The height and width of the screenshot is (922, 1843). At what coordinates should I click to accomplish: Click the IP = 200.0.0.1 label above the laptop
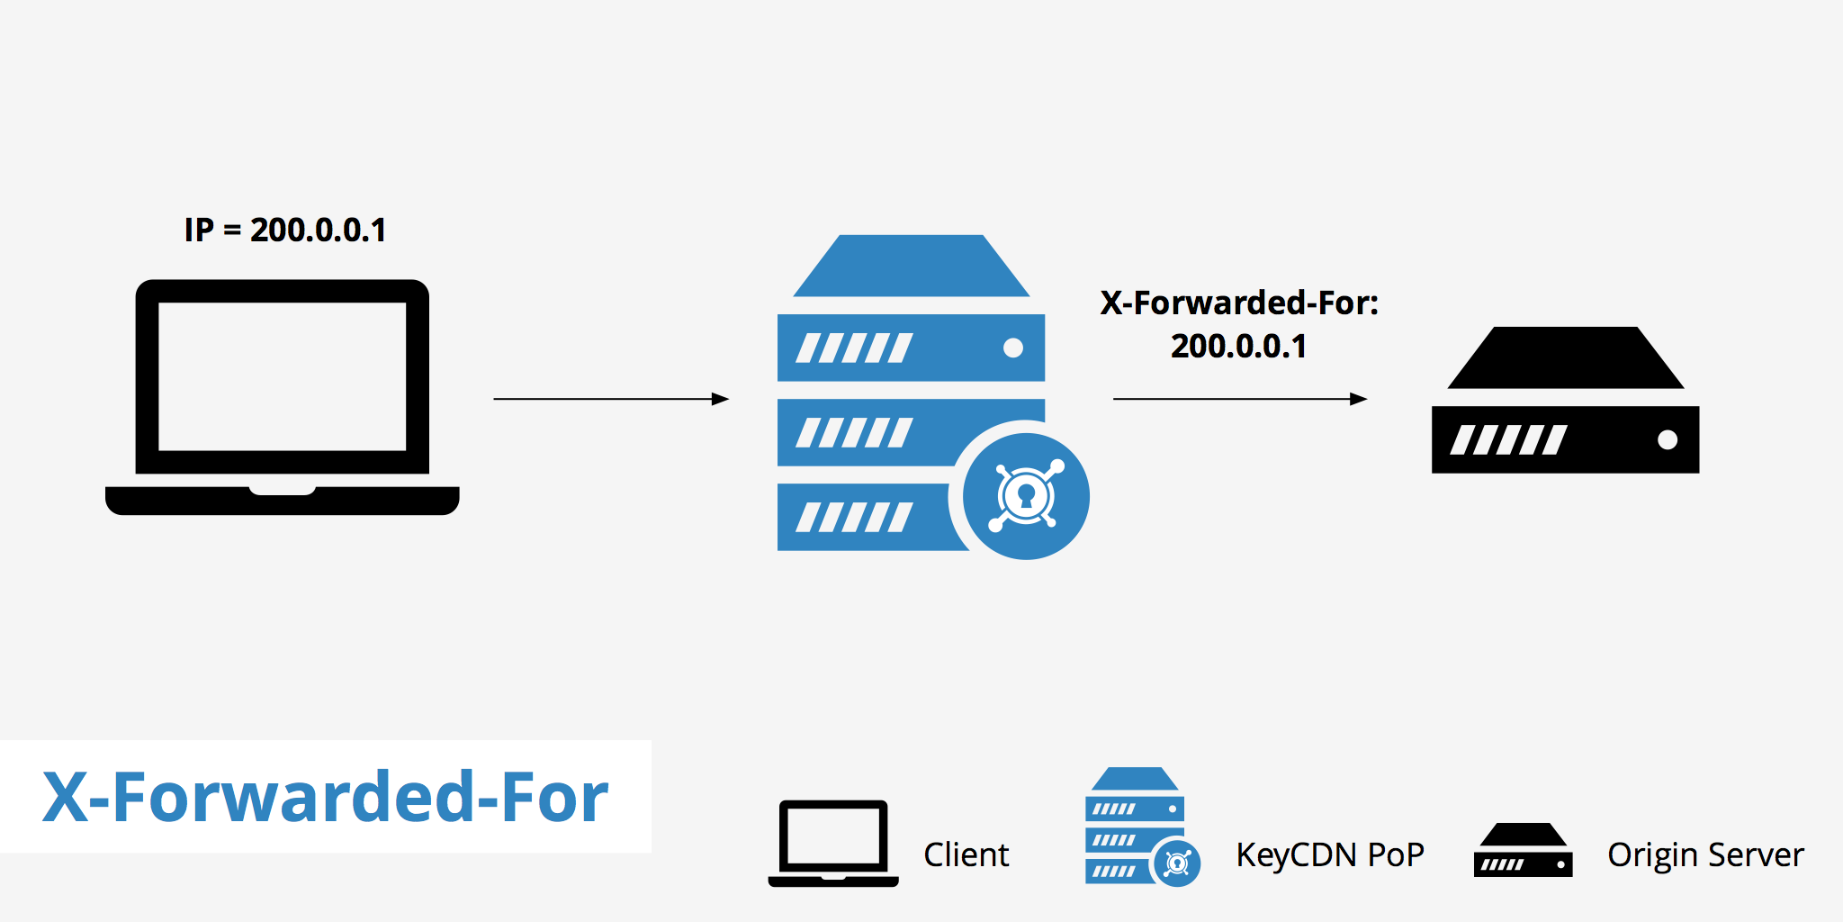(284, 230)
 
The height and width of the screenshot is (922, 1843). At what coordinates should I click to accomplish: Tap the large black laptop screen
(282, 376)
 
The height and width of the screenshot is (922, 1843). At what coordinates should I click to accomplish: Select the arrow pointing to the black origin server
(1239, 399)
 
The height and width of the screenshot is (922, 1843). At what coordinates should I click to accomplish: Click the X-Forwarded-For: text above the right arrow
(1238, 303)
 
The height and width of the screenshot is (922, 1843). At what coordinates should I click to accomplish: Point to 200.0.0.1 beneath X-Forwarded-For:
(1238, 347)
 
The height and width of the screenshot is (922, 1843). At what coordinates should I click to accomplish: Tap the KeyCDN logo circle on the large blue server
(1026, 496)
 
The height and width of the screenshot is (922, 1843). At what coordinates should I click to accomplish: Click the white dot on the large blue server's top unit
(1013, 348)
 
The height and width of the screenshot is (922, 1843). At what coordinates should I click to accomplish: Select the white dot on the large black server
(1668, 439)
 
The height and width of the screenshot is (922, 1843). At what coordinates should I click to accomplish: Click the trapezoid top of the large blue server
(911, 267)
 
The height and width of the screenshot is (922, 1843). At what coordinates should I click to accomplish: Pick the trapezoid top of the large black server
(1566, 359)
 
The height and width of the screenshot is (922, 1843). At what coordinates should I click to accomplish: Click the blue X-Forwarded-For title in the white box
(325, 798)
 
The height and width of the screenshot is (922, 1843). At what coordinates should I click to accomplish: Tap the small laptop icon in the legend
(833, 843)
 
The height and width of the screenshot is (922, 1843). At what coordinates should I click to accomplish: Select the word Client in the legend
(966, 854)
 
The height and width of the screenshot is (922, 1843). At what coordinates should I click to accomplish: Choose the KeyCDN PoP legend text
(1329, 854)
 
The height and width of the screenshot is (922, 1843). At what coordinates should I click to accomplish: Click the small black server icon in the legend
(1523, 851)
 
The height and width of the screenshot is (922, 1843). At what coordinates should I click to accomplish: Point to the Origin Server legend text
(1705, 854)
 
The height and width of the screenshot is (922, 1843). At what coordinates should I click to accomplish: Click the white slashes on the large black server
(1508, 440)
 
